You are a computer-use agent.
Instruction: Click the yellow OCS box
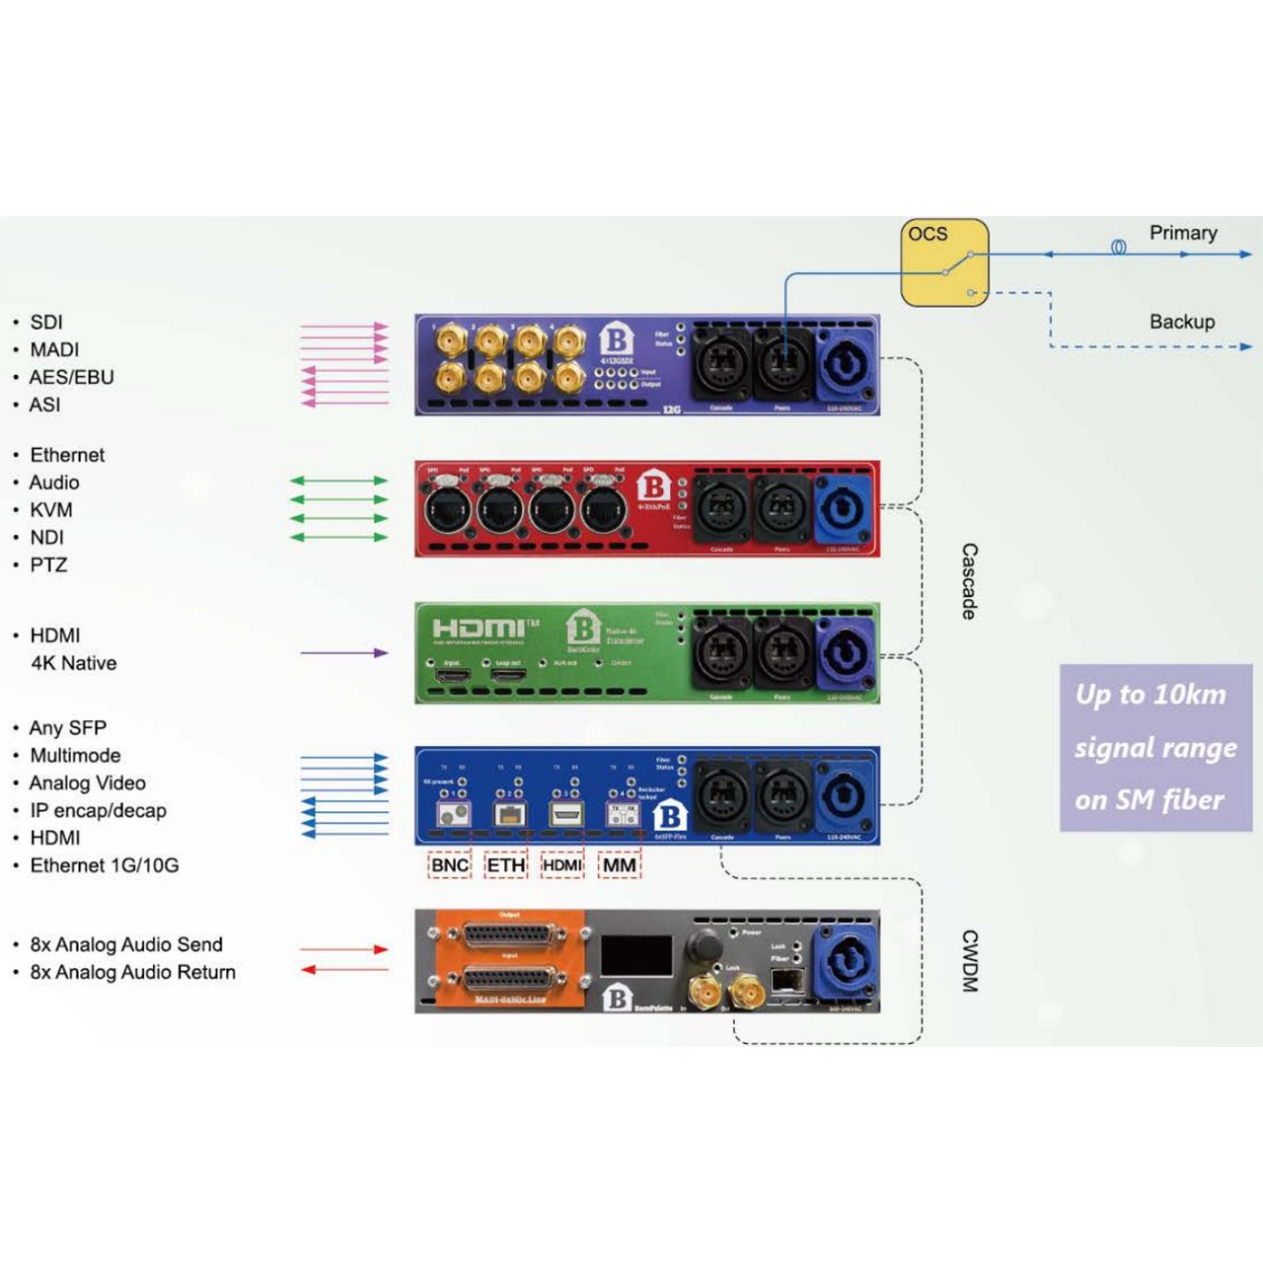point(943,262)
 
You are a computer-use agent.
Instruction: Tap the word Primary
point(1182,233)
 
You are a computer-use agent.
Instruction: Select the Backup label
point(1181,322)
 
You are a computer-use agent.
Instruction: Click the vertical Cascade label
point(969,581)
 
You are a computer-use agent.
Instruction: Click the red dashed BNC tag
point(450,865)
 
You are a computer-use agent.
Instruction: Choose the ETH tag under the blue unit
point(506,865)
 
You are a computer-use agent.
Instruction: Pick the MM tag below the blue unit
point(620,865)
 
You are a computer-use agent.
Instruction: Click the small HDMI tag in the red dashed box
point(562,865)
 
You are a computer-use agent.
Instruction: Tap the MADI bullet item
point(54,349)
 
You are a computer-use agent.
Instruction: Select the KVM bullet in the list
point(50,510)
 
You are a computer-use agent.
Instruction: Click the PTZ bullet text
point(48,565)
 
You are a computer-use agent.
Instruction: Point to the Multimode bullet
point(75,756)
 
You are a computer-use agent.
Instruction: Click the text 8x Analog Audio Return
point(132,972)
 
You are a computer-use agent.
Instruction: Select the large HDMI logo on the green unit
point(481,628)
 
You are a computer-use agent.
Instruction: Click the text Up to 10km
point(1151,695)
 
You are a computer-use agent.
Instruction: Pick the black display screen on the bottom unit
point(636,956)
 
